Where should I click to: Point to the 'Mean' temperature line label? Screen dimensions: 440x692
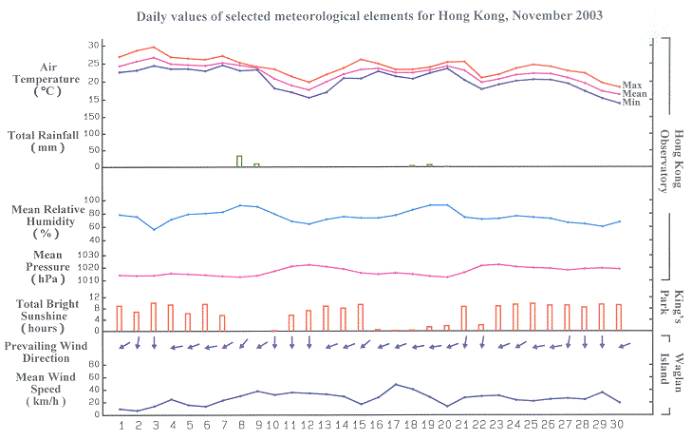pyautogui.click(x=634, y=94)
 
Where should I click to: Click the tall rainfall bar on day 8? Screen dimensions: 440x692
pyautogui.click(x=239, y=161)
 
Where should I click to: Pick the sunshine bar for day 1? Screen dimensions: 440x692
pyautogui.click(x=120, y=318)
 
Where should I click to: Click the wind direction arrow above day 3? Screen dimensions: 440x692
pyautogui.click(x=154, y=342)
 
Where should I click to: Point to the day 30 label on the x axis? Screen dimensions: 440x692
pyautogui.click(x=619, y=424)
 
